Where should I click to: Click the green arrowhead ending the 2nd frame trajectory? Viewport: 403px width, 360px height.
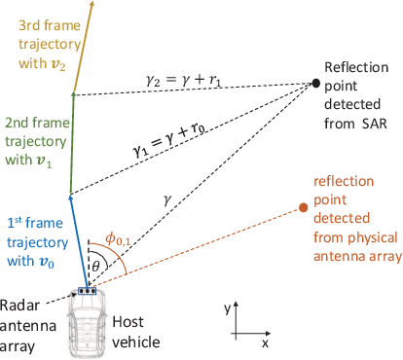click(x=74, y=93)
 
